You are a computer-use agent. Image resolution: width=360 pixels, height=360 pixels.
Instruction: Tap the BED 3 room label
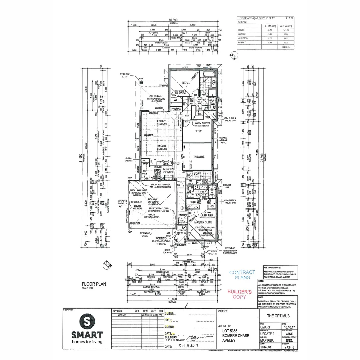[x=186, y=83]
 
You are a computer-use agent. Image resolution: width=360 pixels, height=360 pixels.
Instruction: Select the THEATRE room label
[x=198, y=157]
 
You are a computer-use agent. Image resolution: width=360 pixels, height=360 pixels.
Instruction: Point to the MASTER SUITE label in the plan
[x=203, y=222]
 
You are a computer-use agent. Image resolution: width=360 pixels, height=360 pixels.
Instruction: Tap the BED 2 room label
[x=198, y=131]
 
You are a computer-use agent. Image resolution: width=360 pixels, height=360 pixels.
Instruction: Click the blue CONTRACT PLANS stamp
[x=242, y=275]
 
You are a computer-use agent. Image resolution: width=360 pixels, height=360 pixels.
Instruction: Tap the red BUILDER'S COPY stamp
[x=239, y=294]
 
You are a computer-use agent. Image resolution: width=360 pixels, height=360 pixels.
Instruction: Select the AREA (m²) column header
[x=286, y=26]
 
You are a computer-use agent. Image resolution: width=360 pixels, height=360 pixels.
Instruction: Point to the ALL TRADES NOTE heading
[x=273, y=267]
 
